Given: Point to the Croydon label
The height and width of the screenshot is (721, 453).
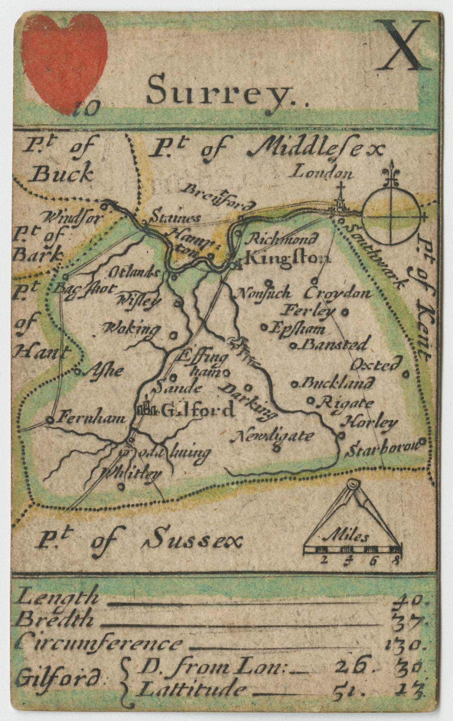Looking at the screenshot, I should click(337, 293).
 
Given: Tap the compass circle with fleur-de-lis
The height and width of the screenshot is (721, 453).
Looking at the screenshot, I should click(391, 216).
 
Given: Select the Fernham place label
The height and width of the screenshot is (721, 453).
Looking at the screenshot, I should click(92, 419).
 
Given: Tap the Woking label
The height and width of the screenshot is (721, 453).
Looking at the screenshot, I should click(132, 329).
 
